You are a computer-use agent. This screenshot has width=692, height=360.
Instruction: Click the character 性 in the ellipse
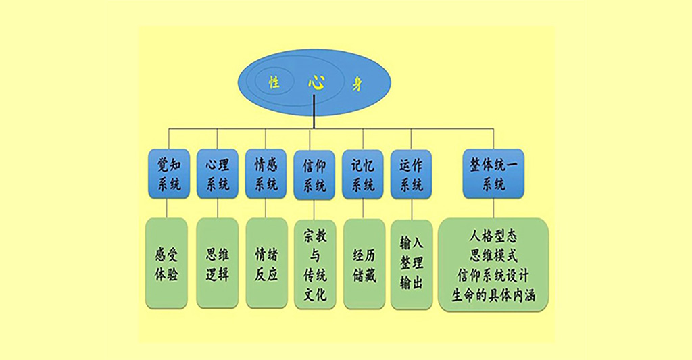[274, 82]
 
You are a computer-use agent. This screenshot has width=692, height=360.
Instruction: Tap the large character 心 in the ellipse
[316, 82]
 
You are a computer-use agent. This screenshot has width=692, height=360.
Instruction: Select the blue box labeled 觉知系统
[168, 174]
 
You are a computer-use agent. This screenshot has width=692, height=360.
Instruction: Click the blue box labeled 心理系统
[217, 174]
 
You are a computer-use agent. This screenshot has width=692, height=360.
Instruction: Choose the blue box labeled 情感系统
[266, 174]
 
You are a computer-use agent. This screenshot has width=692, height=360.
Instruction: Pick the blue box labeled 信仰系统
[314, 174]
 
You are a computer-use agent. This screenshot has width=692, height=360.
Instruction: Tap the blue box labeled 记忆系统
[363, 174]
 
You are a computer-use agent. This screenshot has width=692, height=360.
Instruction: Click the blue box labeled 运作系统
[411, 174]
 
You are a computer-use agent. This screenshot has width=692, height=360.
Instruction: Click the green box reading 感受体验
[166, 263]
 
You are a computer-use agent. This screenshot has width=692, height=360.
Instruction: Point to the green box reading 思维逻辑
[217, 263]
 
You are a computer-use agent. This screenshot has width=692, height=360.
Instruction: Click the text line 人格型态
[493, 237]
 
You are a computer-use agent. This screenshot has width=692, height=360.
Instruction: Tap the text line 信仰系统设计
[493, 276]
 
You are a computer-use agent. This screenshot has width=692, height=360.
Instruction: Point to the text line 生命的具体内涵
[493, 295]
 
